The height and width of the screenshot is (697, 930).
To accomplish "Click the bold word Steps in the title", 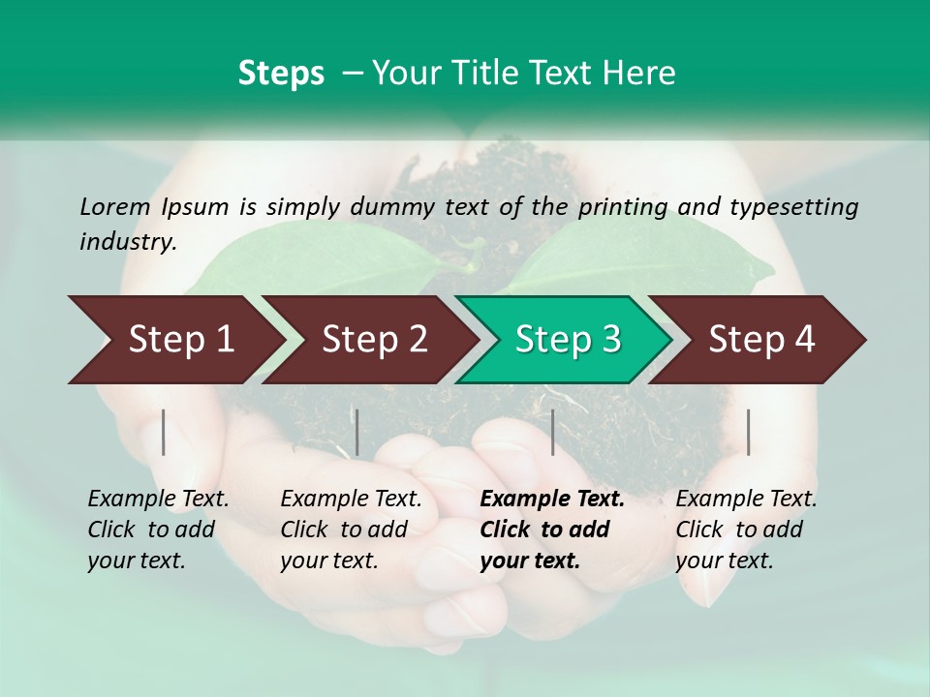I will click(x=281, y=74).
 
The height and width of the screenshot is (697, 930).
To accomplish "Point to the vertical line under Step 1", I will click(x=164, y=432).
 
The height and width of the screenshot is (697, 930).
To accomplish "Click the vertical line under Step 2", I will click(x=357, y=432).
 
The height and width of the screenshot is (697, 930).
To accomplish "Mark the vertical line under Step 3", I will click(x=553, y=432).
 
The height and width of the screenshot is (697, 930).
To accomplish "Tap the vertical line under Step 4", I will click(x=749, y=432).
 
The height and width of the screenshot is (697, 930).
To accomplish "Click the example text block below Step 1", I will click(x=158, y=530).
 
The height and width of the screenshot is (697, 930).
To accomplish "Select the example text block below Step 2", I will click(x=351, y=530).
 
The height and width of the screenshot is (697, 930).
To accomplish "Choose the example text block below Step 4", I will click(x=746, y=530).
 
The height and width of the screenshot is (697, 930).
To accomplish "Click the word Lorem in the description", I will click(x=115, y=206).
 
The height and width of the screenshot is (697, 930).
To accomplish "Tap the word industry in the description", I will click(x=127, y=242).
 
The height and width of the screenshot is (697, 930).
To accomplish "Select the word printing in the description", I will click(x=621, y=206).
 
